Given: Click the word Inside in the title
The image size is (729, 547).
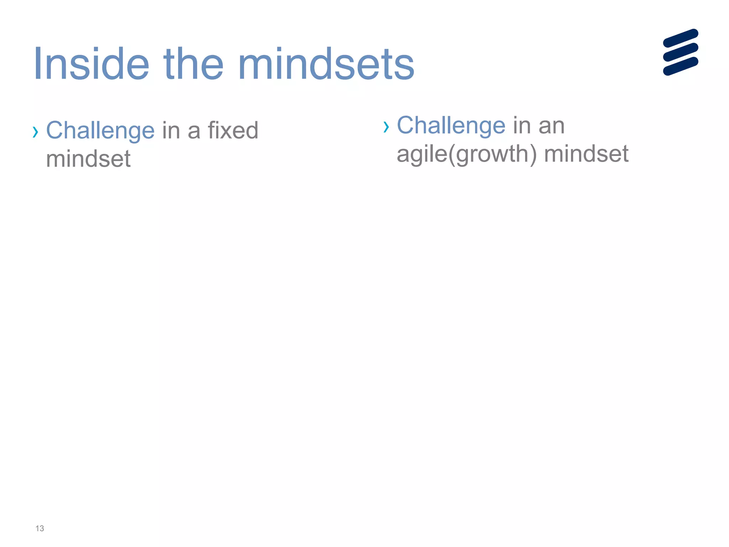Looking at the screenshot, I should coord(91,64).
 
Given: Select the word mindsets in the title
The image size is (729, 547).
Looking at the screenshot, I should coord(328,64).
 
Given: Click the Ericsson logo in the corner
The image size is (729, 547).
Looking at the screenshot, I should coord(681,52).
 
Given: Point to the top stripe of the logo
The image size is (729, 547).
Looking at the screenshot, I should coord(681,38).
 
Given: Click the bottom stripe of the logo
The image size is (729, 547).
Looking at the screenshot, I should coord(681,66).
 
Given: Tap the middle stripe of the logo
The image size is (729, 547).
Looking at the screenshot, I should coord(681,52).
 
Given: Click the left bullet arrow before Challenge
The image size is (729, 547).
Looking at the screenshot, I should coord(35,132).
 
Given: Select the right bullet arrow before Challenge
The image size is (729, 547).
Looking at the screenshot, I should coord(386,127).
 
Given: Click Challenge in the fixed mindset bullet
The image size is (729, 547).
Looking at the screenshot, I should coord(100,131).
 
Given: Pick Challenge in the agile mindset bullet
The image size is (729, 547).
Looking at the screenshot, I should coord(451,125).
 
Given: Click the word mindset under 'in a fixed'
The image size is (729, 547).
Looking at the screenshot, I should coord(88,159).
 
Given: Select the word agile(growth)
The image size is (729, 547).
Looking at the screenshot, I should coord(466,154).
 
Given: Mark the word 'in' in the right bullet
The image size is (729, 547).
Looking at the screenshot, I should coord(521,125).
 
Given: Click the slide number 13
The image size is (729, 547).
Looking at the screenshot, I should coord(40,528).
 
